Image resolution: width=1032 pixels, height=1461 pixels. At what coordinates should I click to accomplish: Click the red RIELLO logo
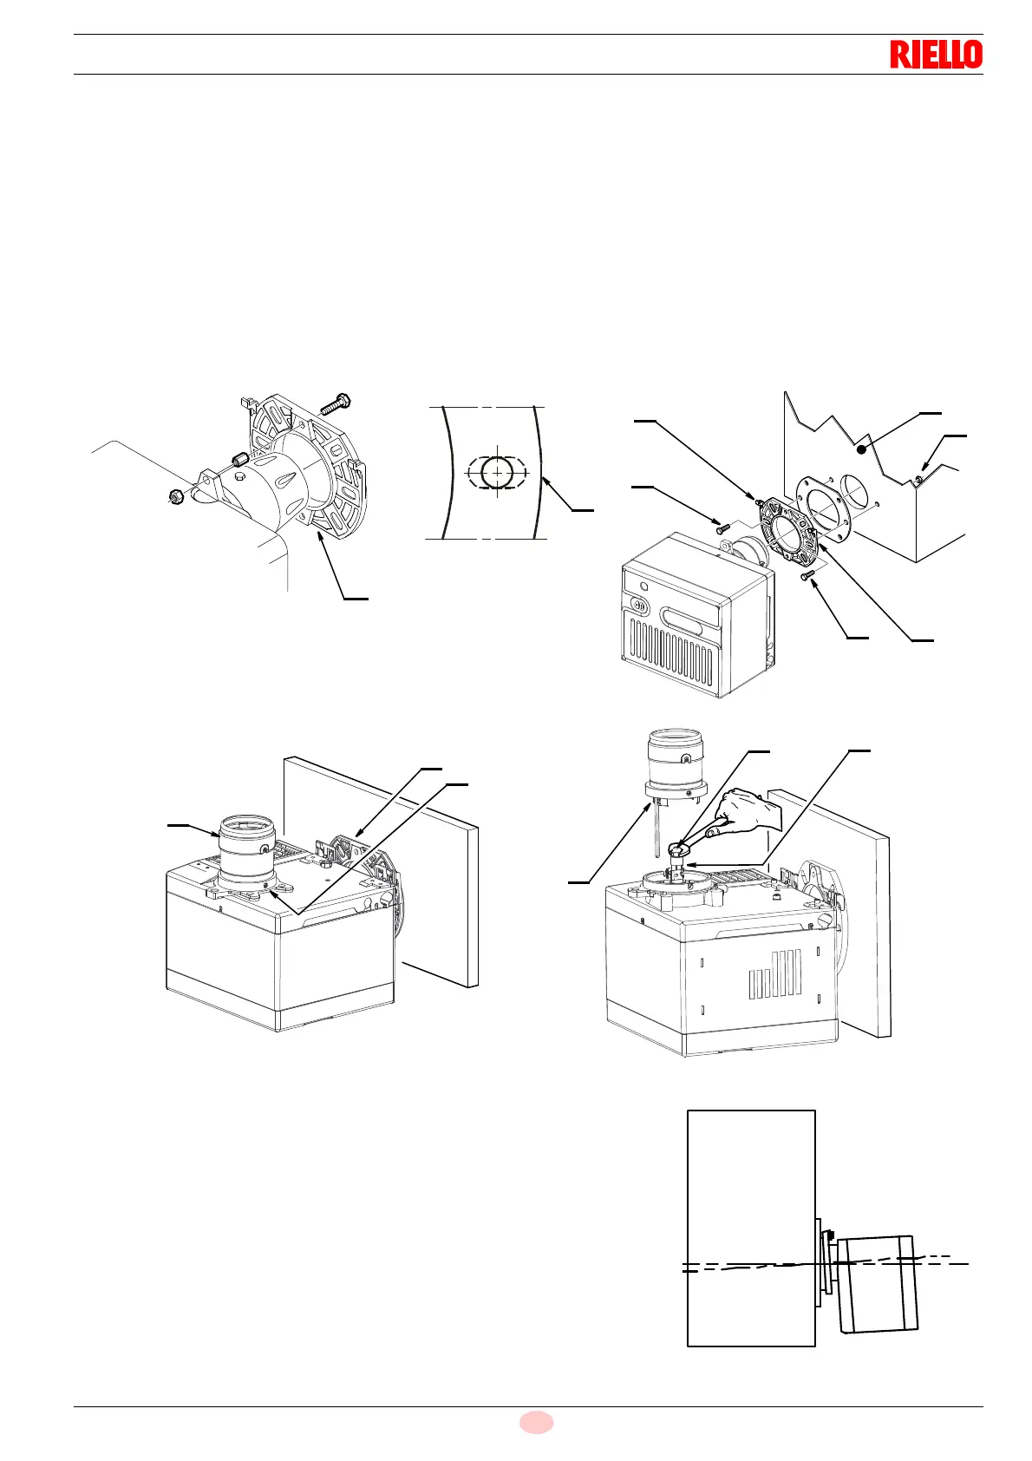coord(936,55)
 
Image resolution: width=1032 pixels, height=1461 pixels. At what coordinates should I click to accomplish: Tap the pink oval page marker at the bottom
coord(536,1422)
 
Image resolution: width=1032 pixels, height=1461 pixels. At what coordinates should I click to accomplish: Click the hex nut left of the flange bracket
coord(174,497)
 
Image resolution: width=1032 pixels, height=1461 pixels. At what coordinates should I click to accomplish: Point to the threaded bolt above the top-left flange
coord(336,403)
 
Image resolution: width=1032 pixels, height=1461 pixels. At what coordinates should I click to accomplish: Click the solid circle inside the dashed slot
coord(495,472)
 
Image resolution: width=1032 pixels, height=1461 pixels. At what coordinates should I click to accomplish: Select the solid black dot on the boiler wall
coord(861,449)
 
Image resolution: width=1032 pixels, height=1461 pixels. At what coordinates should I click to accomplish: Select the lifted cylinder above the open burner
coord(675,764)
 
